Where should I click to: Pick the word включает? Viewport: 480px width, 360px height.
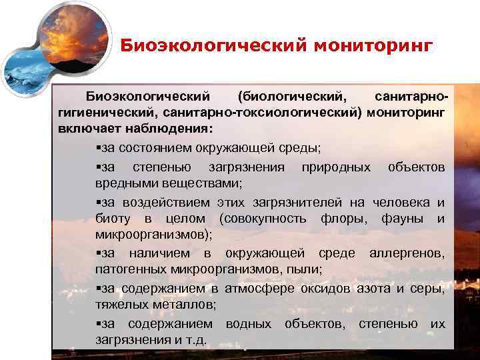87,128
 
